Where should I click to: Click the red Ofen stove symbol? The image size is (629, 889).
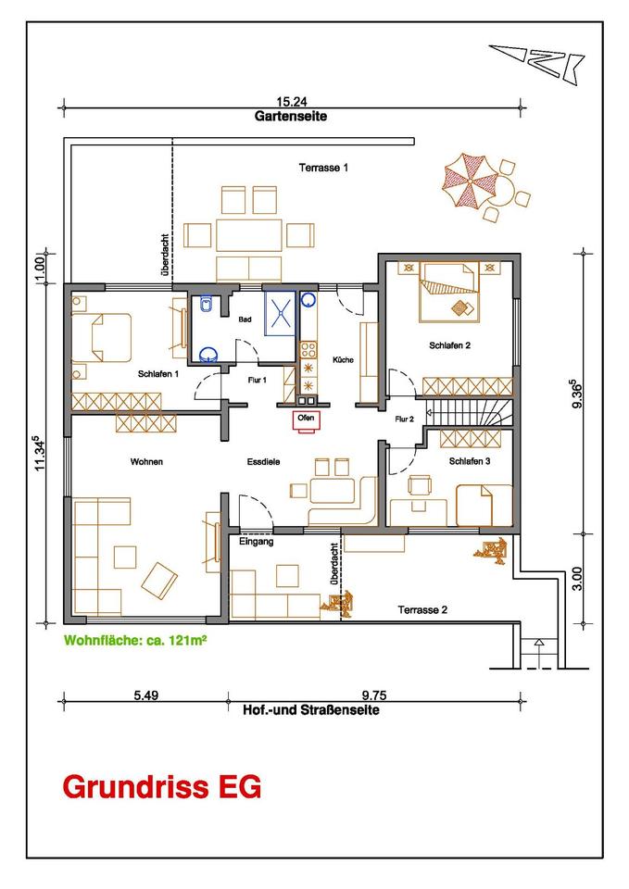306,421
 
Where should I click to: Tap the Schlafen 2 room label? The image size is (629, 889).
450,344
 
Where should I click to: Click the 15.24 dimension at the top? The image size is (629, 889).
292,102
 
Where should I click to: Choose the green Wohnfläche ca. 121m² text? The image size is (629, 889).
135,641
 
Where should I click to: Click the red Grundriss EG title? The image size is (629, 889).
162,787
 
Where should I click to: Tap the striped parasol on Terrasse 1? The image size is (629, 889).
470,180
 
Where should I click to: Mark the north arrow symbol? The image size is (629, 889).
537,61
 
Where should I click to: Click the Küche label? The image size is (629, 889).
343,359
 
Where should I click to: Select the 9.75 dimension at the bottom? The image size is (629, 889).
374,695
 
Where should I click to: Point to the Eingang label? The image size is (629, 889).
257,542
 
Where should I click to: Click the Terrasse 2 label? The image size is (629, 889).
422,610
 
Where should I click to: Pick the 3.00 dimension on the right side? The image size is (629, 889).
577,578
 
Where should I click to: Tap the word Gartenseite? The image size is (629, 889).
291,117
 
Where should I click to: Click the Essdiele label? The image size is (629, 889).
263,461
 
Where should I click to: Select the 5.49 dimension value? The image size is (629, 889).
145,695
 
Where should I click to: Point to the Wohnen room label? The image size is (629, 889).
146,461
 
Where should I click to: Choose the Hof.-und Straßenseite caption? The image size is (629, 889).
311,710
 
